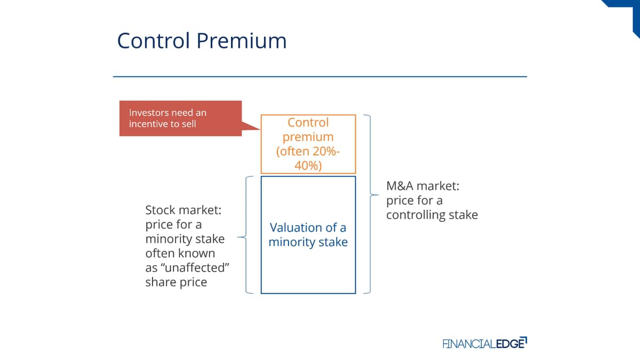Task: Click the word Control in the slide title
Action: tap(154, 41)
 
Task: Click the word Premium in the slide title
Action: tap(242, 41)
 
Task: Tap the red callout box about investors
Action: tap(181, 118)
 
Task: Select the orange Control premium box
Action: tap(308, 144)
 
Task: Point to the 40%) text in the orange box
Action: tap(308, 165)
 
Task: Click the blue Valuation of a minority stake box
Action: tap(308, 235)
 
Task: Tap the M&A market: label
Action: tap(423, 186)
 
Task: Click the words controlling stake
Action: tap(432, 215)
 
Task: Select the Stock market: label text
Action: tap(183, 210)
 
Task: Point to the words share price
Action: tap(177, 282)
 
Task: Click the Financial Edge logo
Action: tap(485, 343)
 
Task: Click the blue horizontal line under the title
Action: tap(320, 77)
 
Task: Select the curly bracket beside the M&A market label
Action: tap(371, 195)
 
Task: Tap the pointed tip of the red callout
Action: tap(260, 129)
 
